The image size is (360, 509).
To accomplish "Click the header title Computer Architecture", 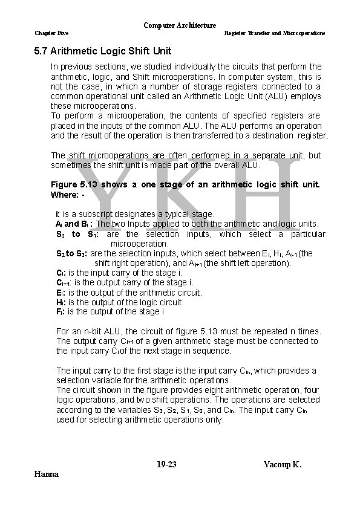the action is click(180, 25).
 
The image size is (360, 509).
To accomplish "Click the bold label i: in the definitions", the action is click(57, 214).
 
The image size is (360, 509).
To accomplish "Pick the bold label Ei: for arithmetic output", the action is click(61, 293).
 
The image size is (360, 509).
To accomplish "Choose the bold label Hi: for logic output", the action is click(61, 302).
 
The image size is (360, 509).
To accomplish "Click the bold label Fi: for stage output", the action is click(61, 312).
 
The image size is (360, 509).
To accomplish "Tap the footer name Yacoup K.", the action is click(283, 464).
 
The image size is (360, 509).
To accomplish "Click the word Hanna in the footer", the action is click(47, 474).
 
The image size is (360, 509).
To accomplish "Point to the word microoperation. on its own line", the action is click(139, 244).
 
